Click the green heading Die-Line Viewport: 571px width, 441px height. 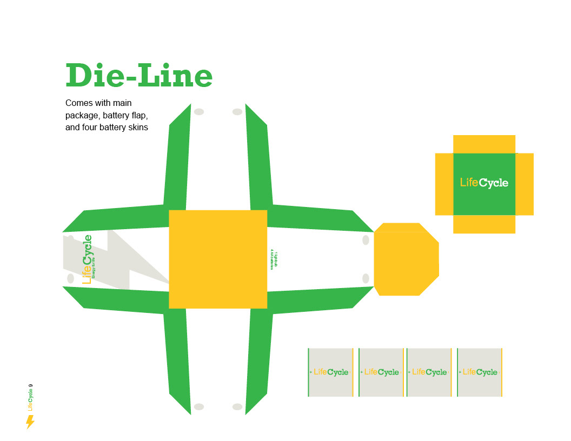pos(139,76)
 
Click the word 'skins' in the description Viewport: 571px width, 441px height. pos(137,128)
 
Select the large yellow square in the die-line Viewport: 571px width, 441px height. pos(218,259)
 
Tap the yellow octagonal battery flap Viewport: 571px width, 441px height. pos(406,259)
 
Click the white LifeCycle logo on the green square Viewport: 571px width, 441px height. pos(484,183)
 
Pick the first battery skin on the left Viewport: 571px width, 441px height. pos(330,372)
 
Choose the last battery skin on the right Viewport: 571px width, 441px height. pos(480,372)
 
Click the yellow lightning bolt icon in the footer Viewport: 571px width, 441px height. pos(30,422)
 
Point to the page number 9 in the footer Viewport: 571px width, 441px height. pos(31,386)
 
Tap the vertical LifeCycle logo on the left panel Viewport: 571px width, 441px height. pos(87,259)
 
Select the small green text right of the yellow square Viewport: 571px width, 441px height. pos(274,260)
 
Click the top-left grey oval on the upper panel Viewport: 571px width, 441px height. pos(199,112)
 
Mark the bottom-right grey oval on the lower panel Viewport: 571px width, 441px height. pos(237,406)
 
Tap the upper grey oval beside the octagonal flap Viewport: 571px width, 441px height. pos(366,240)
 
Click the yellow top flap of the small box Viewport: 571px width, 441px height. pos(484,144)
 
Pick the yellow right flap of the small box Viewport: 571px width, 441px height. pos(524,184)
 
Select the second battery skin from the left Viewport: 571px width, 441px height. pos(381,372)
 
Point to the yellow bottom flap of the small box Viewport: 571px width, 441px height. pos(484,224)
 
